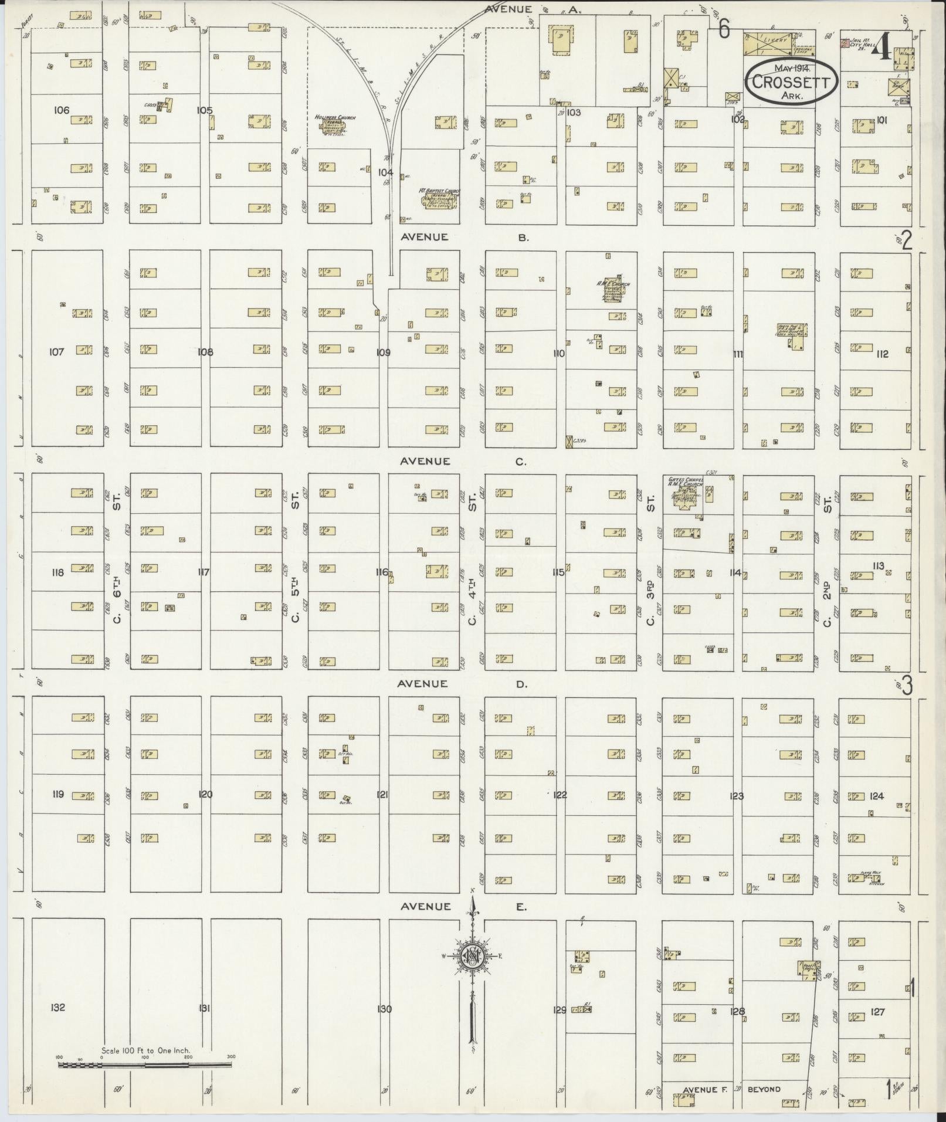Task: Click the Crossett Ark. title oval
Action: pos(791,82)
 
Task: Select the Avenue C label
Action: pos(463,462)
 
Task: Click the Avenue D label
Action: pos(463,684)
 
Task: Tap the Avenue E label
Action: pos(463,907)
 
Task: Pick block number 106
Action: pos(61,110)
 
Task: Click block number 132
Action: pos(57,1008)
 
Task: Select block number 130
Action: pos(384,1009)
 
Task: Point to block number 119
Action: pos(57,795)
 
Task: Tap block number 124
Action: pos(877,796)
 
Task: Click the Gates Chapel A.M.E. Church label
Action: pos(685,483)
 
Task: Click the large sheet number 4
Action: pos(880,48)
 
